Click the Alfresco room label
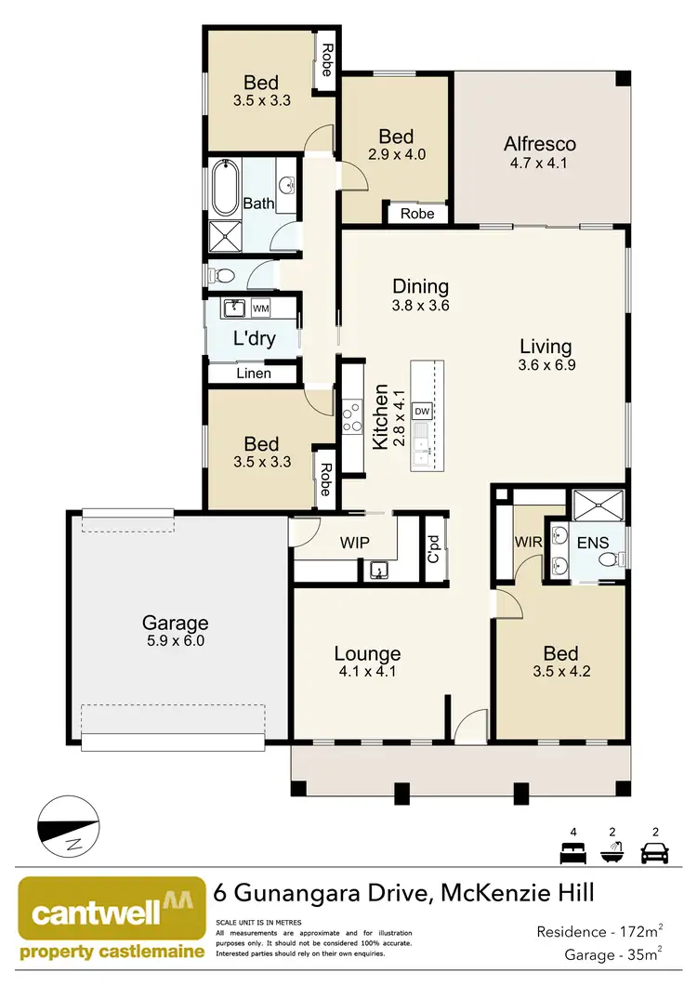[540, 144]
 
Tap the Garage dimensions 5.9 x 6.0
[175, 640]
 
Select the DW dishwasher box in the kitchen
[422, 411]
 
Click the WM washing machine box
[261, 308]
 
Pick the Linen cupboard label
[254, 374]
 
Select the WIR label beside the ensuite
[527, 540]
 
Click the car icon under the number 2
[656, 851]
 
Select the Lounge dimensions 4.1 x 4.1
[368, 672]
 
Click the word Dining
[420, 286]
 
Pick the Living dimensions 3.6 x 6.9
[547, 365]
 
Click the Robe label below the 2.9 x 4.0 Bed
[417, 214]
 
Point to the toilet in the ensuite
[607, 559]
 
